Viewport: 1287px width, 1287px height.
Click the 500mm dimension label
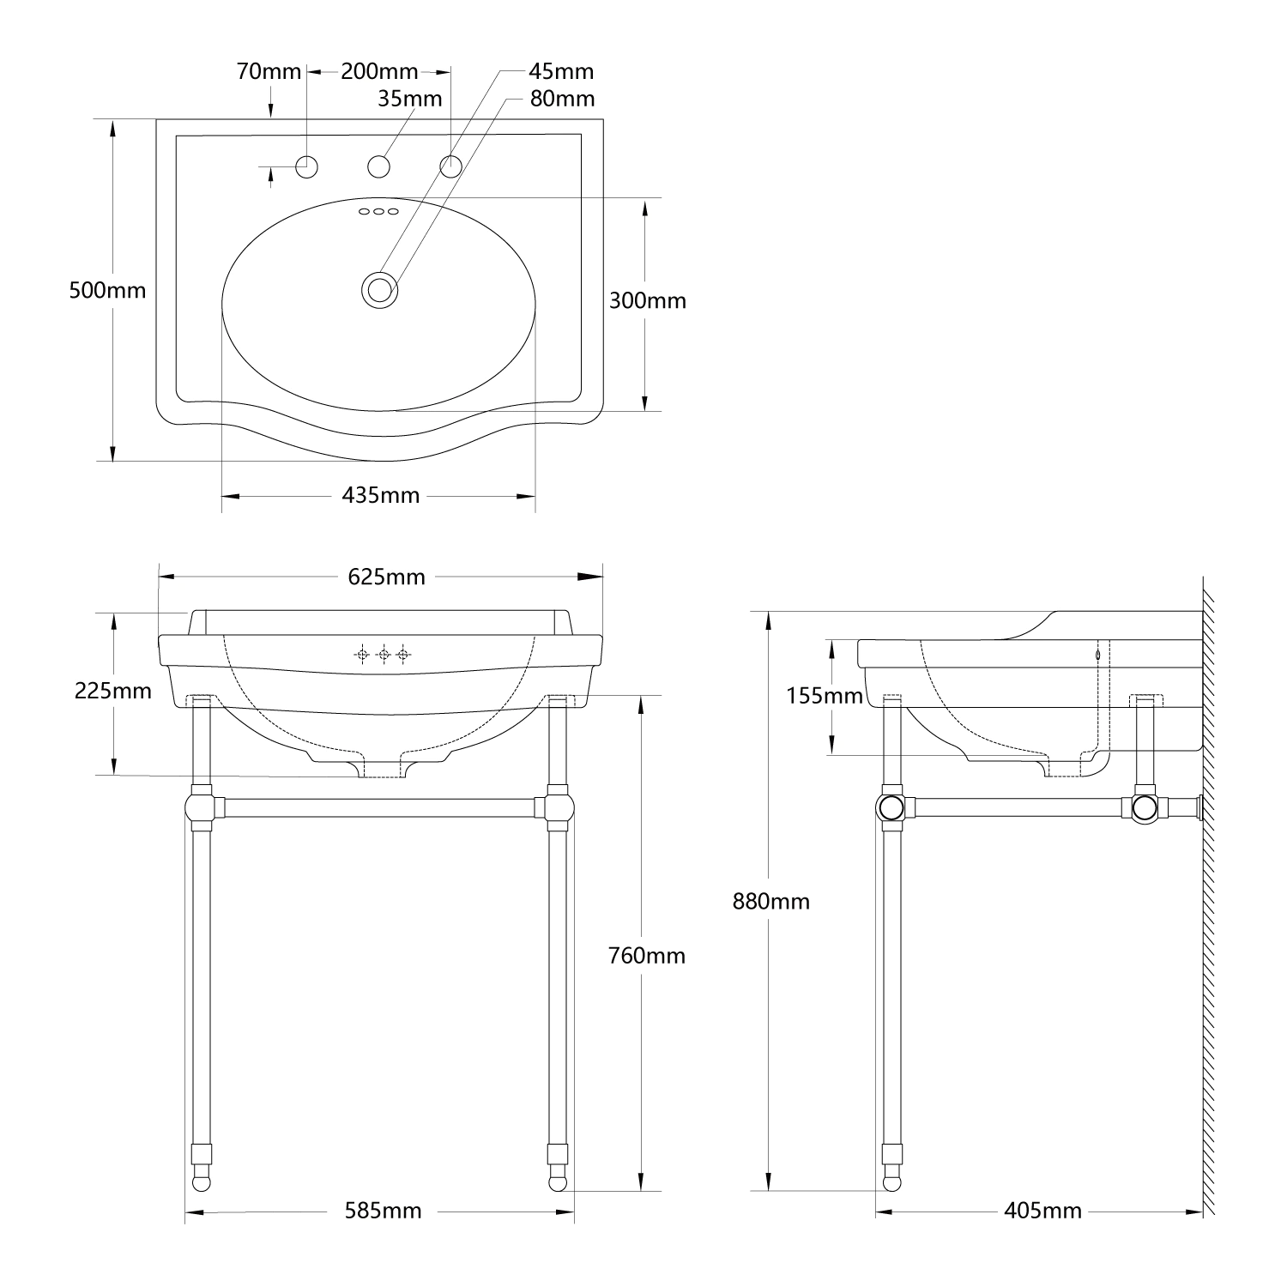click(x=107, y=290)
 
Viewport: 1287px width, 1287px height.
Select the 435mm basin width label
click(x=381, y=495)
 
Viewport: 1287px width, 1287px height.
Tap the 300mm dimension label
click(x=648, y=300)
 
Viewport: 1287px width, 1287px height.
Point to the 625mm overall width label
click(x=386, y=577)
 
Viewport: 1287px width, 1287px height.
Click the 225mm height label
click(x=113, y=690)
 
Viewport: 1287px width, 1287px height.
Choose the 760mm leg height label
click(x=647, y=955)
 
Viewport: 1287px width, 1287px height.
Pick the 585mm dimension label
click(x=383, y=1211)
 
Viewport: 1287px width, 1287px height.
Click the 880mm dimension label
click(x=770, y=901)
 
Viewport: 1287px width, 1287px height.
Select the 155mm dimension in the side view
click(x=825, y=695)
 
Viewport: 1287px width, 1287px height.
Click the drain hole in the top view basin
click(x=378, y=289)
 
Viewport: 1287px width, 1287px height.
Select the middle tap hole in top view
click(x=379, y=166)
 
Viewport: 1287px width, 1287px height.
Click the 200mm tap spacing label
click(x=379, y=71)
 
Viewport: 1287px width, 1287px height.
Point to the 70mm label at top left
click(x=269, y=71)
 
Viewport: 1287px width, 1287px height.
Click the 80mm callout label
click(x=562, y=99)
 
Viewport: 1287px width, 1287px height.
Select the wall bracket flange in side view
click(x=1199, y=807)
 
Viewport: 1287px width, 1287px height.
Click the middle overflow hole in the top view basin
click(x=378, y=211)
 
